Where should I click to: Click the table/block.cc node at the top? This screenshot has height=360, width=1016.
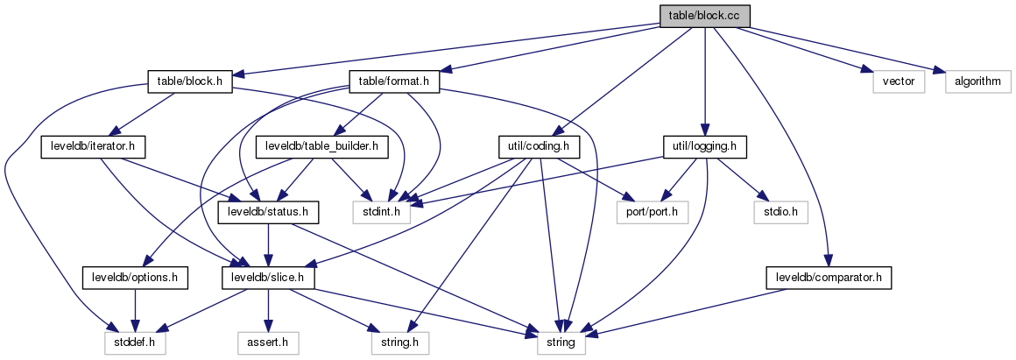(x=705, y=15)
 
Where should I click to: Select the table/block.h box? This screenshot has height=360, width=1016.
(x=190, y=81)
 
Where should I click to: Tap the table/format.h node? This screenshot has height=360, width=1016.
(x=394, y=81)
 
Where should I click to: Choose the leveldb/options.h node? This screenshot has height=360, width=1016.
(x=137, y=278)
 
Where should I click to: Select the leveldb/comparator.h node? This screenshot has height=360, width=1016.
(x=829, y=278)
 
